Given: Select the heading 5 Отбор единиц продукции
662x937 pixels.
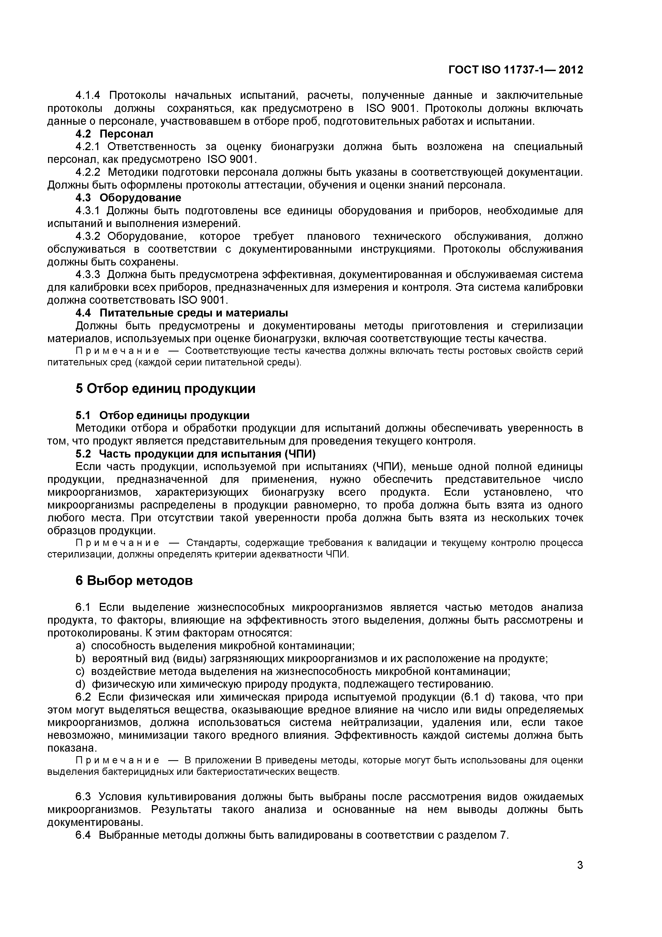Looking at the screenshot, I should (x=165, y=389).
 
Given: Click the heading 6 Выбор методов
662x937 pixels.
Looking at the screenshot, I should (x=134, y=580).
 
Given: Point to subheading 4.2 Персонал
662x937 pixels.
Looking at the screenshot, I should (x=114, y=134).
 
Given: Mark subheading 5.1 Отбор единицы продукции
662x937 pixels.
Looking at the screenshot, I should (x=162, y=415).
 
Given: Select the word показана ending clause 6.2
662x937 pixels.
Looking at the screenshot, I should (x=72, y=748).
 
